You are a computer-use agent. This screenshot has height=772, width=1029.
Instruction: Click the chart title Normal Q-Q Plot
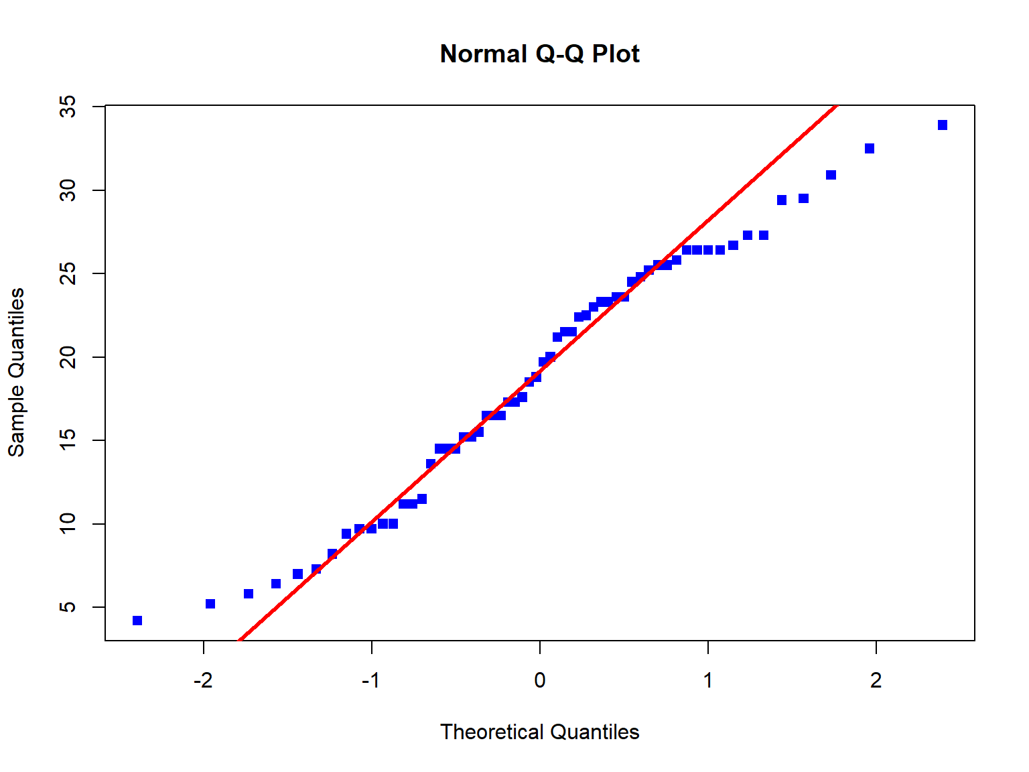click(539, 54)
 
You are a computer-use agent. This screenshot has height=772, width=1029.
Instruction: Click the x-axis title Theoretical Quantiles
click(539, 732)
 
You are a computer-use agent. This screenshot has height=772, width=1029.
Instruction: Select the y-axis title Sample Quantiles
click(16, 373)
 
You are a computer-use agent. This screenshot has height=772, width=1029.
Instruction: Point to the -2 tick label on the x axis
click(203, 681)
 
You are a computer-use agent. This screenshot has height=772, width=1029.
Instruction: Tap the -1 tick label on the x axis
click(371, 681)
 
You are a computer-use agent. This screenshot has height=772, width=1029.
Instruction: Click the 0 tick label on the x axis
click(540, 681)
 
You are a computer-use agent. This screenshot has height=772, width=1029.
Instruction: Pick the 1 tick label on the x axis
click(708, 681)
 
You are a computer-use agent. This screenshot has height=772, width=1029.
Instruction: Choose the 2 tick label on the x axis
click(876, 681)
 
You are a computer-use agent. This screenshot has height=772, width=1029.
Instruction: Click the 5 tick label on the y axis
click(68, 607)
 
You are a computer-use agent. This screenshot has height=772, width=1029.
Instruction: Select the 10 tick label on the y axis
click(68, 523)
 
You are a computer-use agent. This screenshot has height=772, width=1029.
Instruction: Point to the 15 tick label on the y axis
click(68, 440)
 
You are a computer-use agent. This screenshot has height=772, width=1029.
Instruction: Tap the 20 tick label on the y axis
click(68, 357)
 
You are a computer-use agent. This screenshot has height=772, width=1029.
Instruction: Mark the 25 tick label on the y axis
click(68, 273)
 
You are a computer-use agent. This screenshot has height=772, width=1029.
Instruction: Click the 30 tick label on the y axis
click(68, 190)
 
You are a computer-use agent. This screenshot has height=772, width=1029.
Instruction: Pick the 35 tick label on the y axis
click(68, 107)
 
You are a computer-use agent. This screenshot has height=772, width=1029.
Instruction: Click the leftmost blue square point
click(137, 621)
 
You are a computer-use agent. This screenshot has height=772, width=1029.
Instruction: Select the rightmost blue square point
click(943, 125)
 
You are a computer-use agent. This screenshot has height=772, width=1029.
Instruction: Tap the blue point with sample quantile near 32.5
click(870, 149)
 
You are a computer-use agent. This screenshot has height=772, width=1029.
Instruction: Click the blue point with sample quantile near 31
click(831, 175)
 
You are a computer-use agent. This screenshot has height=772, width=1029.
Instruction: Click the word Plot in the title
click(616, 54)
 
